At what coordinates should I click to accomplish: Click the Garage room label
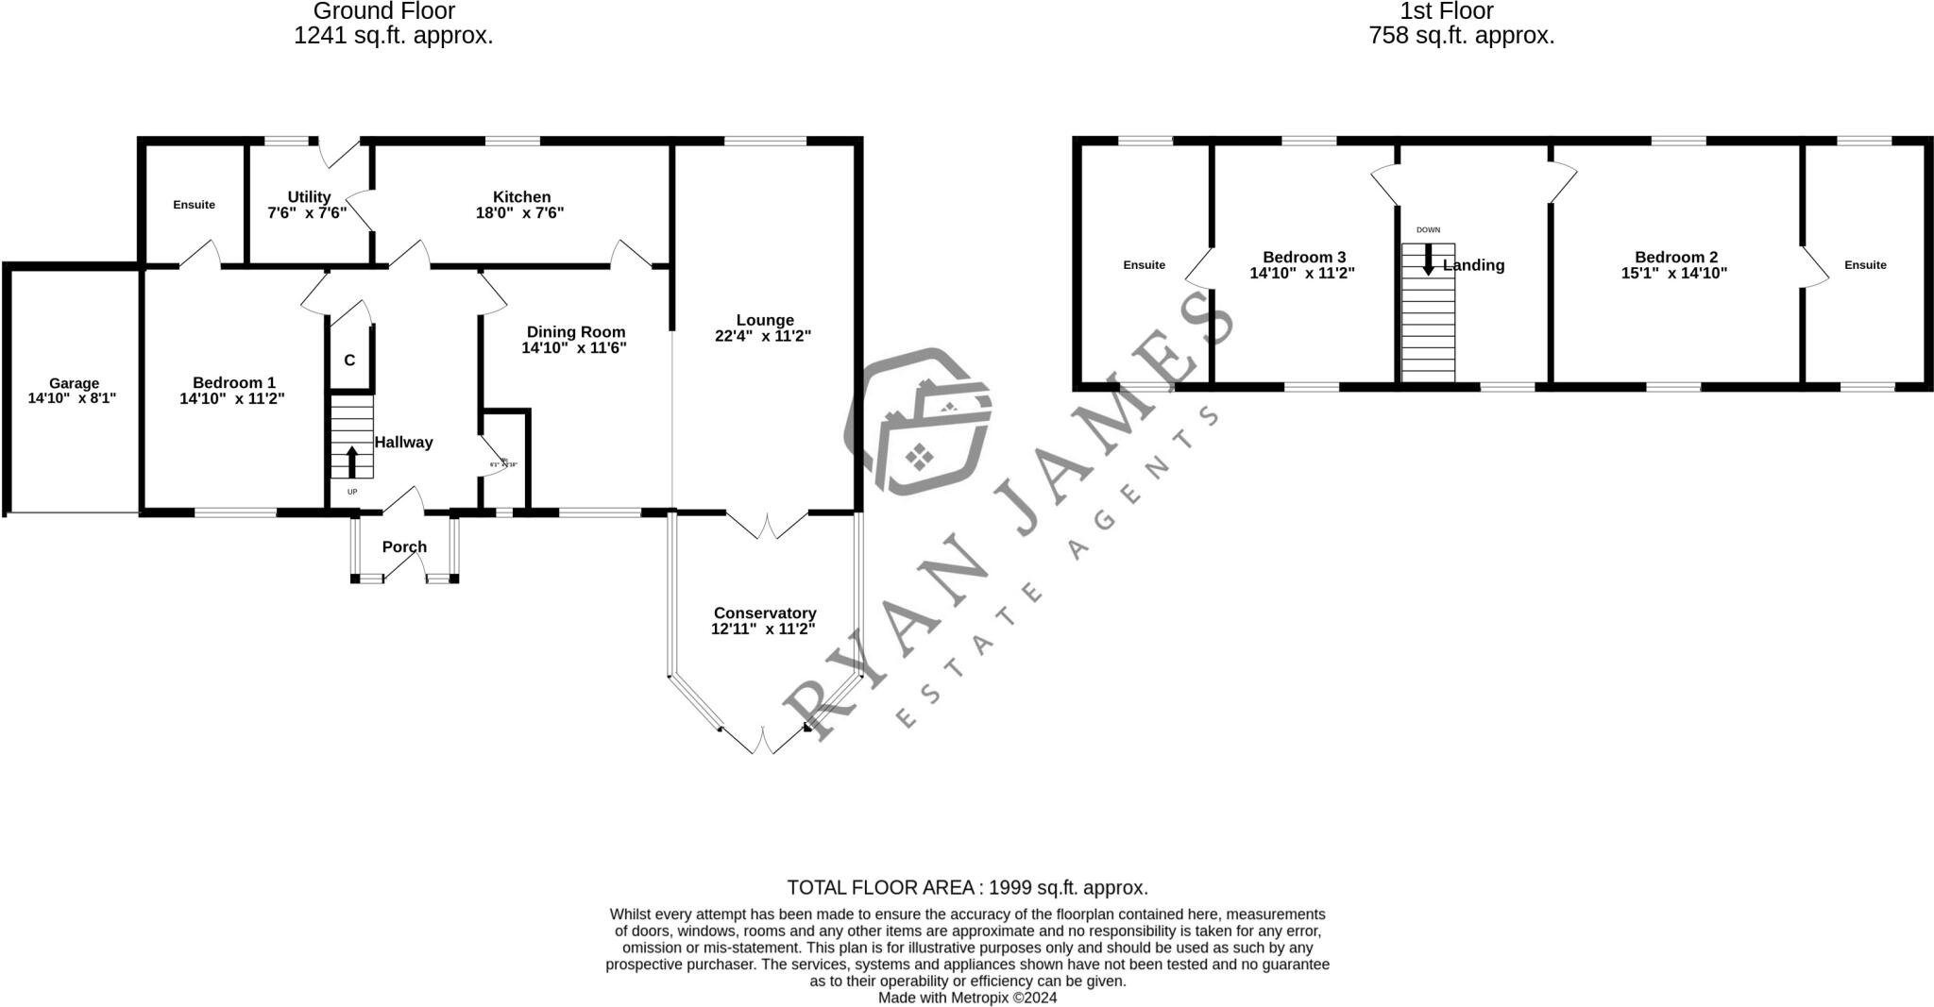(x=74, y=383)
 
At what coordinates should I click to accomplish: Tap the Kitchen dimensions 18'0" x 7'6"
(x=519, y=213)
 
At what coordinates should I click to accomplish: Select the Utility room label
(x=309, y=196)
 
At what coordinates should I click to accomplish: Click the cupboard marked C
(x=349, y=361)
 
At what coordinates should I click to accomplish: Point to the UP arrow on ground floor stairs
(x=352, y=462)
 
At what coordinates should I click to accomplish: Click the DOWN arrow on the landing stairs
(x=1428, y=259)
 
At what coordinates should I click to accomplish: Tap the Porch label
(x=404, y=547)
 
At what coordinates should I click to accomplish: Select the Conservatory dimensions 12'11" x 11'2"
(x=763, y=629)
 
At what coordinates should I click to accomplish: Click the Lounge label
(x=765, y=320)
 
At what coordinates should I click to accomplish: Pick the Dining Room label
(x=575, y=331)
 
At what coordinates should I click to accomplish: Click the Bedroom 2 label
(x=1676, y=257)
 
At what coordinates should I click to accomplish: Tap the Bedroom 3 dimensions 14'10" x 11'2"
(x=1302, y=274)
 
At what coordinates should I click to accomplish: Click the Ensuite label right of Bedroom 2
(x=1865, y=265)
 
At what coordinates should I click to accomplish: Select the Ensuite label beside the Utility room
(x=194, y=205)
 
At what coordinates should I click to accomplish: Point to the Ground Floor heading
(x=383, y=11)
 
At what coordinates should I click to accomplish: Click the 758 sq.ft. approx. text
(x=1461, y=37)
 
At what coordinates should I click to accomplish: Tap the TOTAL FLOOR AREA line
(x=967, y=888)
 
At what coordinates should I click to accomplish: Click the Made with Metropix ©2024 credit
(x=967, y=998)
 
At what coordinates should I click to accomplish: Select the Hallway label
(x=403, y=443)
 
